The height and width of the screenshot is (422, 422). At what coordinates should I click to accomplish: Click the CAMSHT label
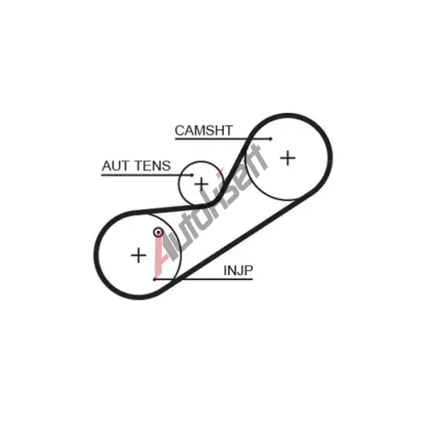(203, 130)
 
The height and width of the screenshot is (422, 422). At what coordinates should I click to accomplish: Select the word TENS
(151, 165)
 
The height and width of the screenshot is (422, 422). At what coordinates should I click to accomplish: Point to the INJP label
(238, 270)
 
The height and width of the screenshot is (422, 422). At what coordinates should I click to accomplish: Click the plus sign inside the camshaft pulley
(288, 158)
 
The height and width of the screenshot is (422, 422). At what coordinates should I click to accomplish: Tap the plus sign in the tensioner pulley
(202, 184)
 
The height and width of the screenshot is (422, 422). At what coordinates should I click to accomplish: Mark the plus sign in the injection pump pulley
(138, 256)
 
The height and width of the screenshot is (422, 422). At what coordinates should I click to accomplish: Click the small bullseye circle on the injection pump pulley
(158, 232)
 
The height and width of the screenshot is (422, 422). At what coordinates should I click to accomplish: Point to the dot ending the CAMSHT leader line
(271, 138)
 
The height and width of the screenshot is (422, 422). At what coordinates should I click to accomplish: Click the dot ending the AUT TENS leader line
(192, 175)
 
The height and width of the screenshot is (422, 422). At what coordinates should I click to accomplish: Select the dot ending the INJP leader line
(154, 279)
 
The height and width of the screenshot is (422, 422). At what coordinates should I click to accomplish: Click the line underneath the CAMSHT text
(223, 138)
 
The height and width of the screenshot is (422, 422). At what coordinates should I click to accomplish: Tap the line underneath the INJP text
(203, 279)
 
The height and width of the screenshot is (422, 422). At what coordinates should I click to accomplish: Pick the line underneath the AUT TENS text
(147, 175)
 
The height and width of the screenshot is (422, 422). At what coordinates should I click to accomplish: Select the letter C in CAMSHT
(180, 130)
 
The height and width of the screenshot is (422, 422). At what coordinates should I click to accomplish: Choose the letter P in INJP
(248, 270)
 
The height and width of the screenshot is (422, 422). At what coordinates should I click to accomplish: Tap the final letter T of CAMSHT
(228, 130)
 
